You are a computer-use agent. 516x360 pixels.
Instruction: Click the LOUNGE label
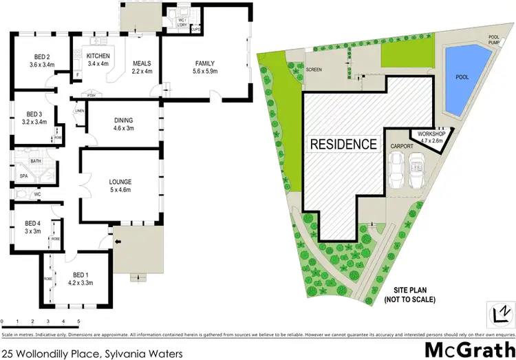point(120,182)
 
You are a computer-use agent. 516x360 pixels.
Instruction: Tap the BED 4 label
point(33,223)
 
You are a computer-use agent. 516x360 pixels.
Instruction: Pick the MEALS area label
point(142,64)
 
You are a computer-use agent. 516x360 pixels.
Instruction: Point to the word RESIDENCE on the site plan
point(344,144)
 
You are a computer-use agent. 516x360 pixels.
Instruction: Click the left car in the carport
point(398,169)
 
